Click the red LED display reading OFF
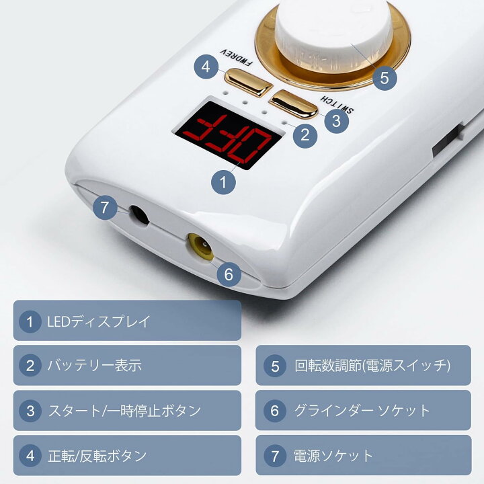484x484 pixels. point(228,132)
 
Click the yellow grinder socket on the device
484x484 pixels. point(201,247)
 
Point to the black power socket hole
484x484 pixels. point(140,216)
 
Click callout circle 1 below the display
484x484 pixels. point(223,182)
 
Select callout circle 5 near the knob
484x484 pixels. point(385,78)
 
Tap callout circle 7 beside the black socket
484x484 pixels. point(105,207)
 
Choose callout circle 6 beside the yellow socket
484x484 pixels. point(229,274)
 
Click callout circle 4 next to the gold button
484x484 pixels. point(206,67)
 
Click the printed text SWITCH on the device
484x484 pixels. point(337,105)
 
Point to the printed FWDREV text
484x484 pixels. point(236,58)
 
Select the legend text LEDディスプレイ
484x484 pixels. point(99,321)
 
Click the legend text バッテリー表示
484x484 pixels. point(95,366)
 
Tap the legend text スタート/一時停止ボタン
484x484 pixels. point(125,411)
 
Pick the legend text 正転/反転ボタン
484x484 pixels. point(97,456)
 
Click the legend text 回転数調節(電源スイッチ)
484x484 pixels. point(372,366)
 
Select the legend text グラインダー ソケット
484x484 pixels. point(362,411)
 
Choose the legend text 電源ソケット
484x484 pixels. point(333,456)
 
